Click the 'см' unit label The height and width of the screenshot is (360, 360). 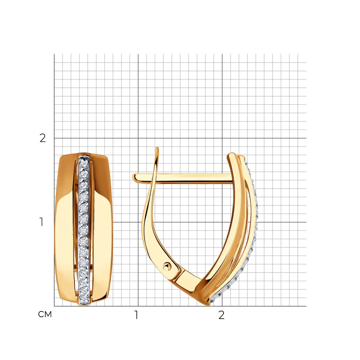pyautogui.click(x=45, y=314)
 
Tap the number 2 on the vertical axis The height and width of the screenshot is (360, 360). pyautogui.click(x=43, y=138)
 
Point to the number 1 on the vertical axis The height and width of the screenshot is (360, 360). pyautogui.click(x=41, y=222)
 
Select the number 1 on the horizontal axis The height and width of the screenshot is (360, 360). pyautogui.click(x=136, y=315)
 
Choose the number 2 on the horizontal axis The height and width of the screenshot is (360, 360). pyautogui.click(x=221, y=315)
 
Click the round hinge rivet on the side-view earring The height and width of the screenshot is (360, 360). pyautogui.click(x=167, y=267)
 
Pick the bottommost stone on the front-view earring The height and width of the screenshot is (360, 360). pyautogui.click(x=84, y=296)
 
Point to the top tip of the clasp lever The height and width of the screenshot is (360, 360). pyautogui.click(x=157, y=148)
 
